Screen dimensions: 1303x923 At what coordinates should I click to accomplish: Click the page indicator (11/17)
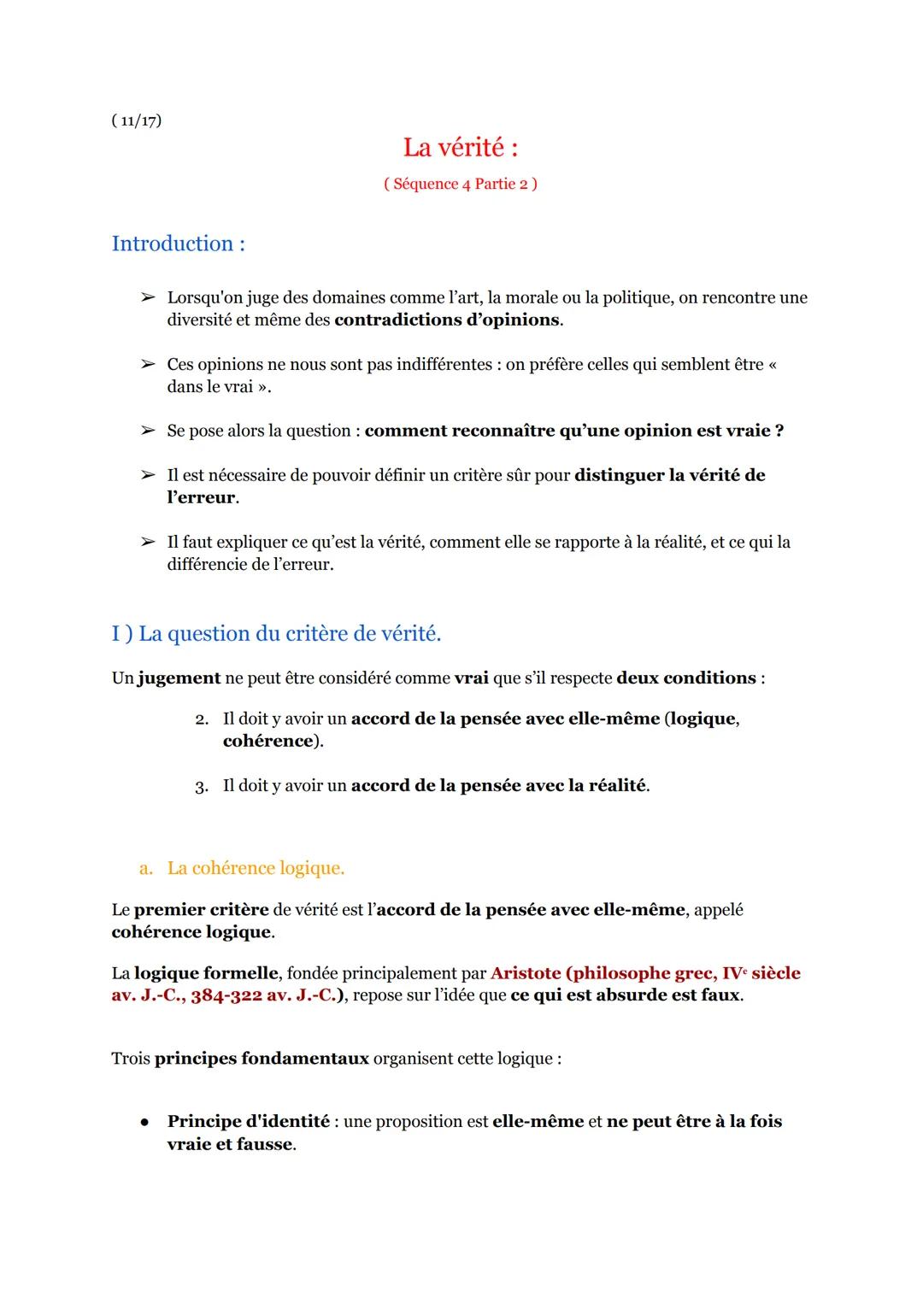[x=136, y=120]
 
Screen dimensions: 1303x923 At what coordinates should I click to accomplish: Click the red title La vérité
[x=460, y=148]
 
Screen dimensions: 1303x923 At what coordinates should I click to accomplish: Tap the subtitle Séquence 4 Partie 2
[x=460, y=184]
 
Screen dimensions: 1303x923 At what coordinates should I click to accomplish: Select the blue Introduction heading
[x=178, y=244]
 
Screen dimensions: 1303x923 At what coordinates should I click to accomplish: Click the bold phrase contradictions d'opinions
[x=447, y=320]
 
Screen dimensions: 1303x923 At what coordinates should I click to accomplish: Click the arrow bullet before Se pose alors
[x=148, y=431]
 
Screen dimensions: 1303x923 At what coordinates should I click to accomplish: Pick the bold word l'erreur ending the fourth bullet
[x=201, y=498]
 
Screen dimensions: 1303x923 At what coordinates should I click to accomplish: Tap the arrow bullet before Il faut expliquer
[x=148, y=542]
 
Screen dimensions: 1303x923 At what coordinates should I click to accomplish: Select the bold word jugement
[x=179, y=678]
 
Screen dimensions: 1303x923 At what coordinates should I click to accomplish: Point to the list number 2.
[x=202, y=719]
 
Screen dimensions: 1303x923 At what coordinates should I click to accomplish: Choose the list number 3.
[x=202, y=786]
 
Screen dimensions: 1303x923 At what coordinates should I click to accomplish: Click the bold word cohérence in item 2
[x=267, y=742]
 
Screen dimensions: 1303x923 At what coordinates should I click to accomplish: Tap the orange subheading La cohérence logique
[x=256, y=868]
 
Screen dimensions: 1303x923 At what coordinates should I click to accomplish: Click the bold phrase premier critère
[x=201, y=910]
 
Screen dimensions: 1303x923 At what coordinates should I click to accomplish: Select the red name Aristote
[x=526, y=973]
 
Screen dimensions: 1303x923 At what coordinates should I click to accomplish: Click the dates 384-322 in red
[x=226, y=996]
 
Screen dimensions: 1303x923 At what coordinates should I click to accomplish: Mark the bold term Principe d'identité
[x=248, y=1122]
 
